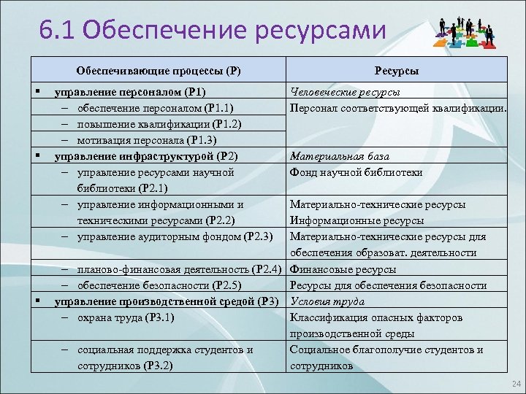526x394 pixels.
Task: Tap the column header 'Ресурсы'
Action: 396,71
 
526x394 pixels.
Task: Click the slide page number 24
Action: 517,384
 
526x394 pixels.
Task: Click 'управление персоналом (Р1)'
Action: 131,92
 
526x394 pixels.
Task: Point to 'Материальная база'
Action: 340,156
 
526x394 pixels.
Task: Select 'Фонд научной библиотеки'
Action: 356,172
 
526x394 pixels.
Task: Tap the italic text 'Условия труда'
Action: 327,301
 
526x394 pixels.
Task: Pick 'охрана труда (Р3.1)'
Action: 129,317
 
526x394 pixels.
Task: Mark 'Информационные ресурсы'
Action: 357,220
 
